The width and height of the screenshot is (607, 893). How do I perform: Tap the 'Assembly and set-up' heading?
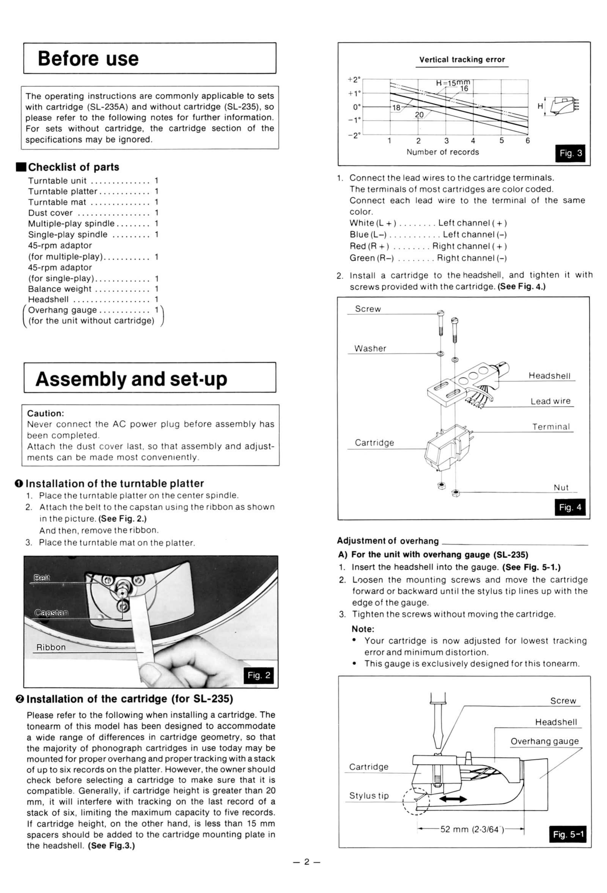(131, 379)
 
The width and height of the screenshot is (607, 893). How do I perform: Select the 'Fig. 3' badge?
(570, 153)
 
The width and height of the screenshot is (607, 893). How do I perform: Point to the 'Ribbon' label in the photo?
(51, 647)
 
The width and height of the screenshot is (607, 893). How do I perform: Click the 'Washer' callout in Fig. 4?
(370, 349)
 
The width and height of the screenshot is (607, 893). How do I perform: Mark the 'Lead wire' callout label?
(550, 401)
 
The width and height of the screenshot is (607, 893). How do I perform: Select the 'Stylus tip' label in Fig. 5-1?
(369, 795)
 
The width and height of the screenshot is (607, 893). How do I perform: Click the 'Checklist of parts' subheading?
(73, 167)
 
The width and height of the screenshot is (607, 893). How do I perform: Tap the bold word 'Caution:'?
(45, 414)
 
